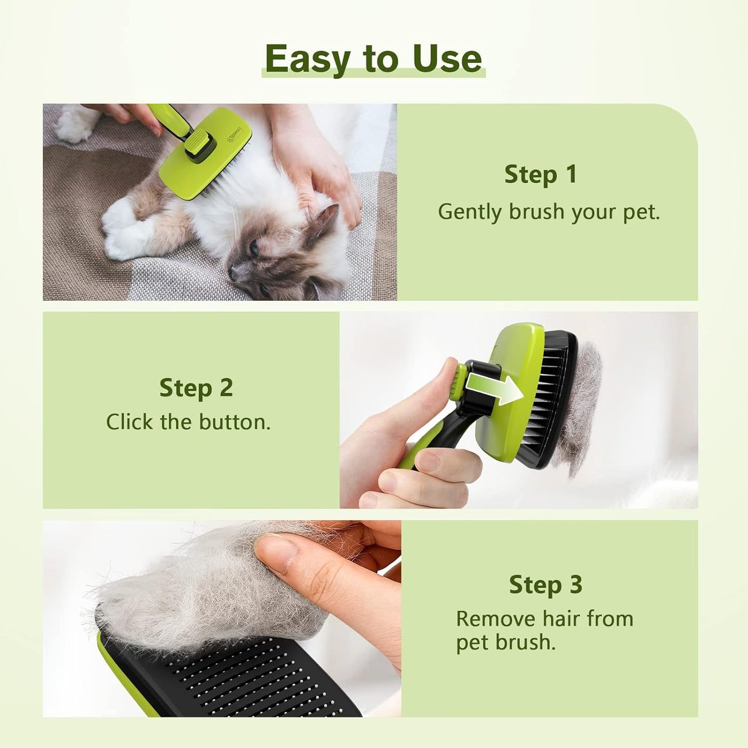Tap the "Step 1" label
[x=540, y=174]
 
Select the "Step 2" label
[x=196, y=388]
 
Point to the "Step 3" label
[x=546, y=585]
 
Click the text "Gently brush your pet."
[x=549, y=212]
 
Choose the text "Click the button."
[x=188, y=422]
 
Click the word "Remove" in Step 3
[x=495, y=619]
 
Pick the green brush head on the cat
[x=207, y=155]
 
